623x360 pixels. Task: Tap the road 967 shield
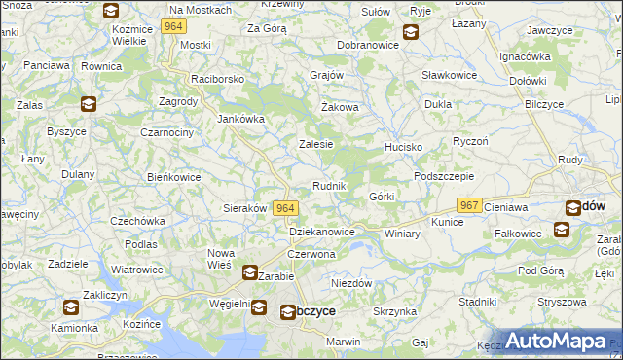[x=470, y=205]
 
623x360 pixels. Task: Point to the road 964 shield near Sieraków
[x=285, y=208]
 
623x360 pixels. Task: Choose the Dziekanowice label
[x=320, y=232]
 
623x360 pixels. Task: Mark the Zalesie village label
[x=315, y=144]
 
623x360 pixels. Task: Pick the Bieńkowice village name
[x=173, y=178]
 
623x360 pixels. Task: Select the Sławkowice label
[x=449, y=75]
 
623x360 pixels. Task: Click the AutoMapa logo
[x=555, y=342]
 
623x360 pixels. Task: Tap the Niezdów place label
[x=352, y=283]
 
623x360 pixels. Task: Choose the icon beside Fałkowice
[x=562, y=230]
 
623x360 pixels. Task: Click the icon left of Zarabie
[x=249, y=273]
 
